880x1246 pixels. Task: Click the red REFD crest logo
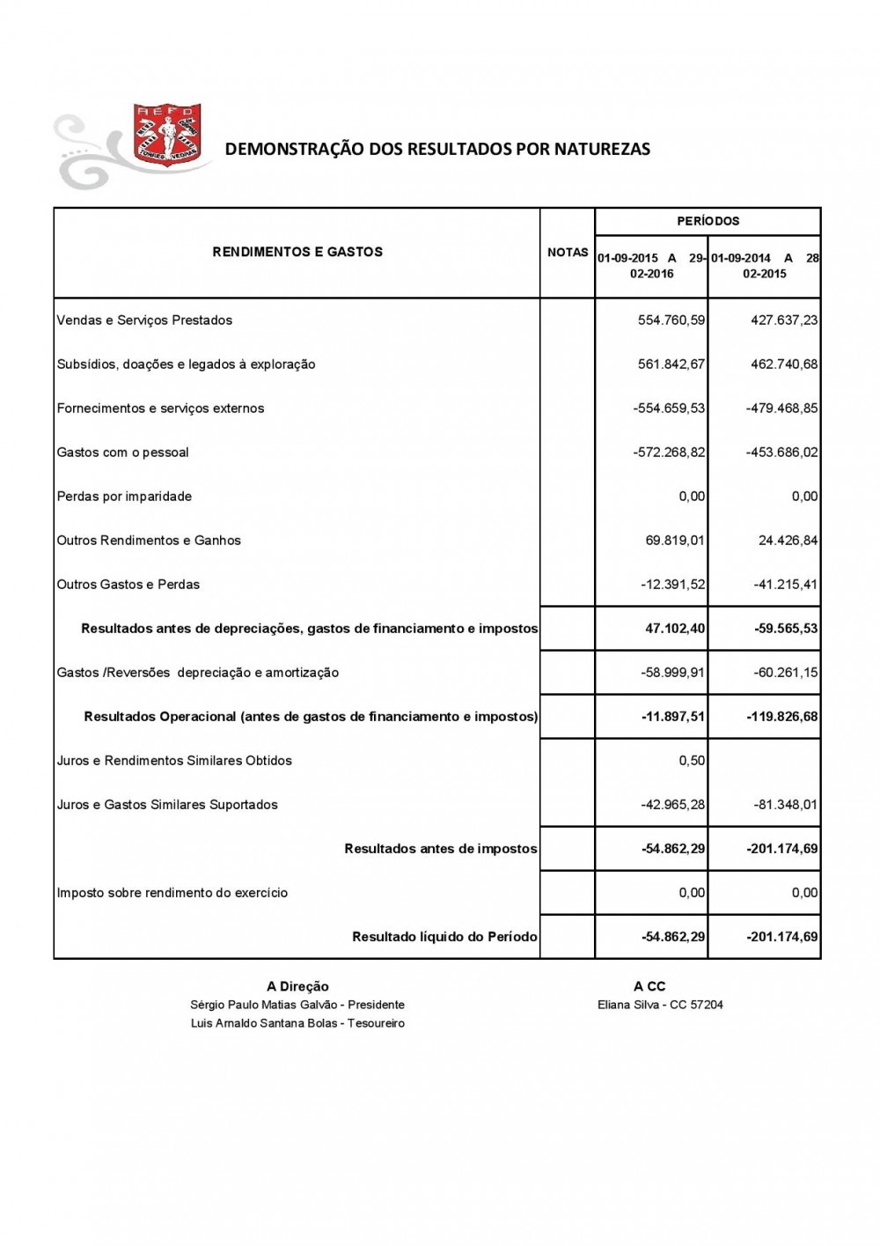click(x=166, y=134)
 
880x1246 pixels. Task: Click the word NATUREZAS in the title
click(x=602, y=149)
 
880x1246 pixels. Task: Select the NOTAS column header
click(x=568, y=253)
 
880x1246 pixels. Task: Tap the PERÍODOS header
click(x=708, y=221)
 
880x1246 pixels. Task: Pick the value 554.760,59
click(x=671, y=321)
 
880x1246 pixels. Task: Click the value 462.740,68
click(x=784, y=365)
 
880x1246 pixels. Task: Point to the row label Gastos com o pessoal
click(x=123, y=453)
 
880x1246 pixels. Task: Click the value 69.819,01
click(x=675, y=541)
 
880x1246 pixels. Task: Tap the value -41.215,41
click(x=786, y=585)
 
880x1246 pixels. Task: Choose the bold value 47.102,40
click(x=675, y=629)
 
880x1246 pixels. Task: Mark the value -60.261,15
click(x=786, y=673)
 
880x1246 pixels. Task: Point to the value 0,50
click(x=692, y=761)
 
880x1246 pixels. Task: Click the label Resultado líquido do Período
click(x=444, y=937)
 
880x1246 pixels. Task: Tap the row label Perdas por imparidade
click(x=124, y=497)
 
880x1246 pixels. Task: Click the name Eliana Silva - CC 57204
click(x=660, y=1005)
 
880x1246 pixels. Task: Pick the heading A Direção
click(x=297, y=987)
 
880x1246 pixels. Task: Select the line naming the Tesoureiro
click(x=297, y=1023)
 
